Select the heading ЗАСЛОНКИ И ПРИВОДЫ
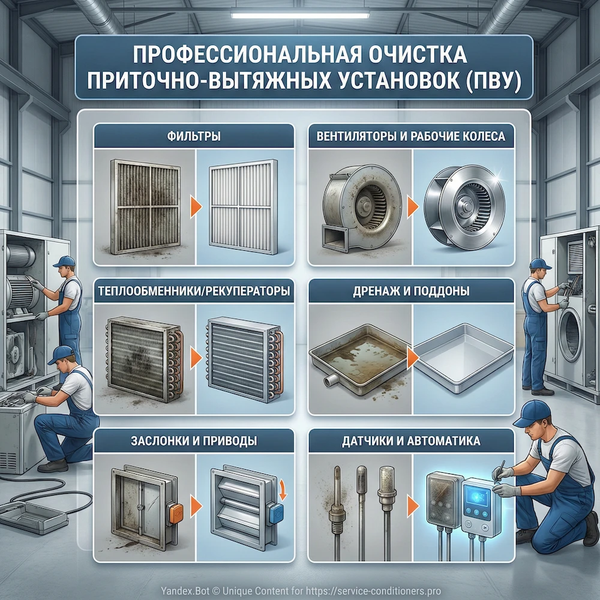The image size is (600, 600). click(x=193, y=441)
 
